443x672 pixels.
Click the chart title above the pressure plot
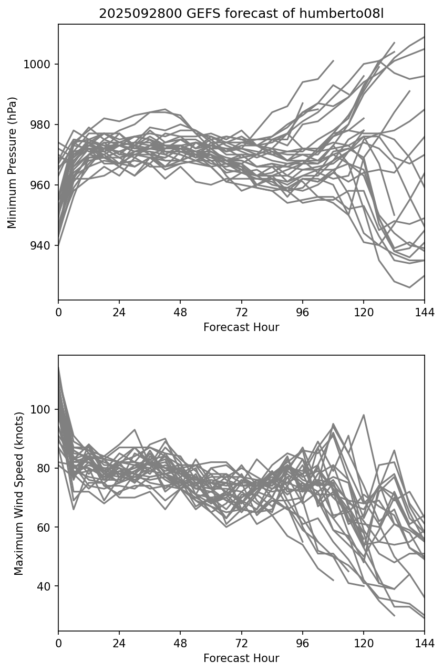(241, 14)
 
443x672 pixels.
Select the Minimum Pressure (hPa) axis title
(13, 162)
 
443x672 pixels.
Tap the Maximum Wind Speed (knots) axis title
(19, 493)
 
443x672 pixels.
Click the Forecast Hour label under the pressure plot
(241, 327)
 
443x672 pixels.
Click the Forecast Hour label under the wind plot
(241, 658)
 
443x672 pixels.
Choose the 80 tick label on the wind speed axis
(44, 469)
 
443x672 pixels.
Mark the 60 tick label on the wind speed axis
(44, 528)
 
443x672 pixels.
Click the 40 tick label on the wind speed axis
(44, 586)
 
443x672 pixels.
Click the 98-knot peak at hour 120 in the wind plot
(364, 415)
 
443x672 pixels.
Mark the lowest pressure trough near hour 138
(409, 287)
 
